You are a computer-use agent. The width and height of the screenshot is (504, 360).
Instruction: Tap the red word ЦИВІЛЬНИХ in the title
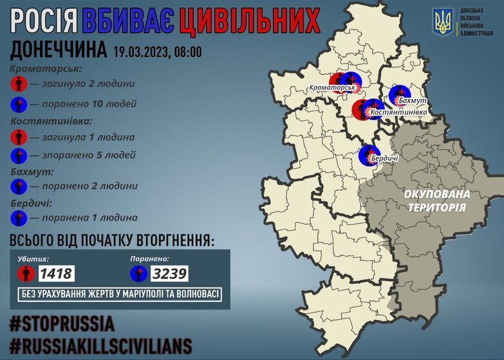pyautogui.click(x=249, y=22)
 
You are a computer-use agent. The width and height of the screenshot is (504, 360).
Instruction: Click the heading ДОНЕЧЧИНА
pyautogui.click(x=59, y=51)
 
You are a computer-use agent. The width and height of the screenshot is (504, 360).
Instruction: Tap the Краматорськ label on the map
pyautogui.click(x=333, y=87)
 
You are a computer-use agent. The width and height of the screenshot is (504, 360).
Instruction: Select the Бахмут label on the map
pyautogui.click(x=412, y=102)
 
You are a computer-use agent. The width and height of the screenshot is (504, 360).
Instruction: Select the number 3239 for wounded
pyautogui.click(x=169, y=273)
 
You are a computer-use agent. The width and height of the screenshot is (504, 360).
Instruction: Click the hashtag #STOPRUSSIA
pyautogui.click(x=62, y=323)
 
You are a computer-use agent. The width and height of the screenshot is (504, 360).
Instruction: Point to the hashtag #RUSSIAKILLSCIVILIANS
pyautogui.click(x=101, y=344)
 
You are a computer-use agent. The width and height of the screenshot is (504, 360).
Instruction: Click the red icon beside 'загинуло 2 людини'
pyautogui.click(x=20, y=84)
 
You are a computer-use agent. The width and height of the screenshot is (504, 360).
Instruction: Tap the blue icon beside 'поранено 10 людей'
pyautogui.click(x=20, y=103)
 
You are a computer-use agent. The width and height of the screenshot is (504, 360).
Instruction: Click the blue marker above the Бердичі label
pyautogui.click(x=368, y=155)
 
